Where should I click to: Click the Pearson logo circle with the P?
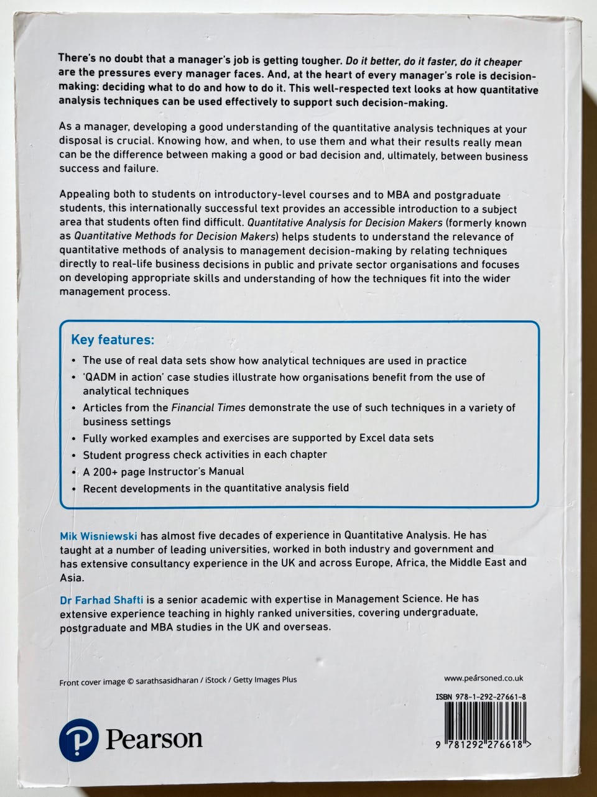pos(78,738)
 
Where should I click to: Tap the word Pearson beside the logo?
pos(154,739)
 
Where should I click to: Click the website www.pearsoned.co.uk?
pos(483,678)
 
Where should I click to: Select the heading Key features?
pos(112,339)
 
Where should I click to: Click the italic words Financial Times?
pos(208,408)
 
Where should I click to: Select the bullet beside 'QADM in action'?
pos(74,378)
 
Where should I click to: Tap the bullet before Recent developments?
pos(74,489)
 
